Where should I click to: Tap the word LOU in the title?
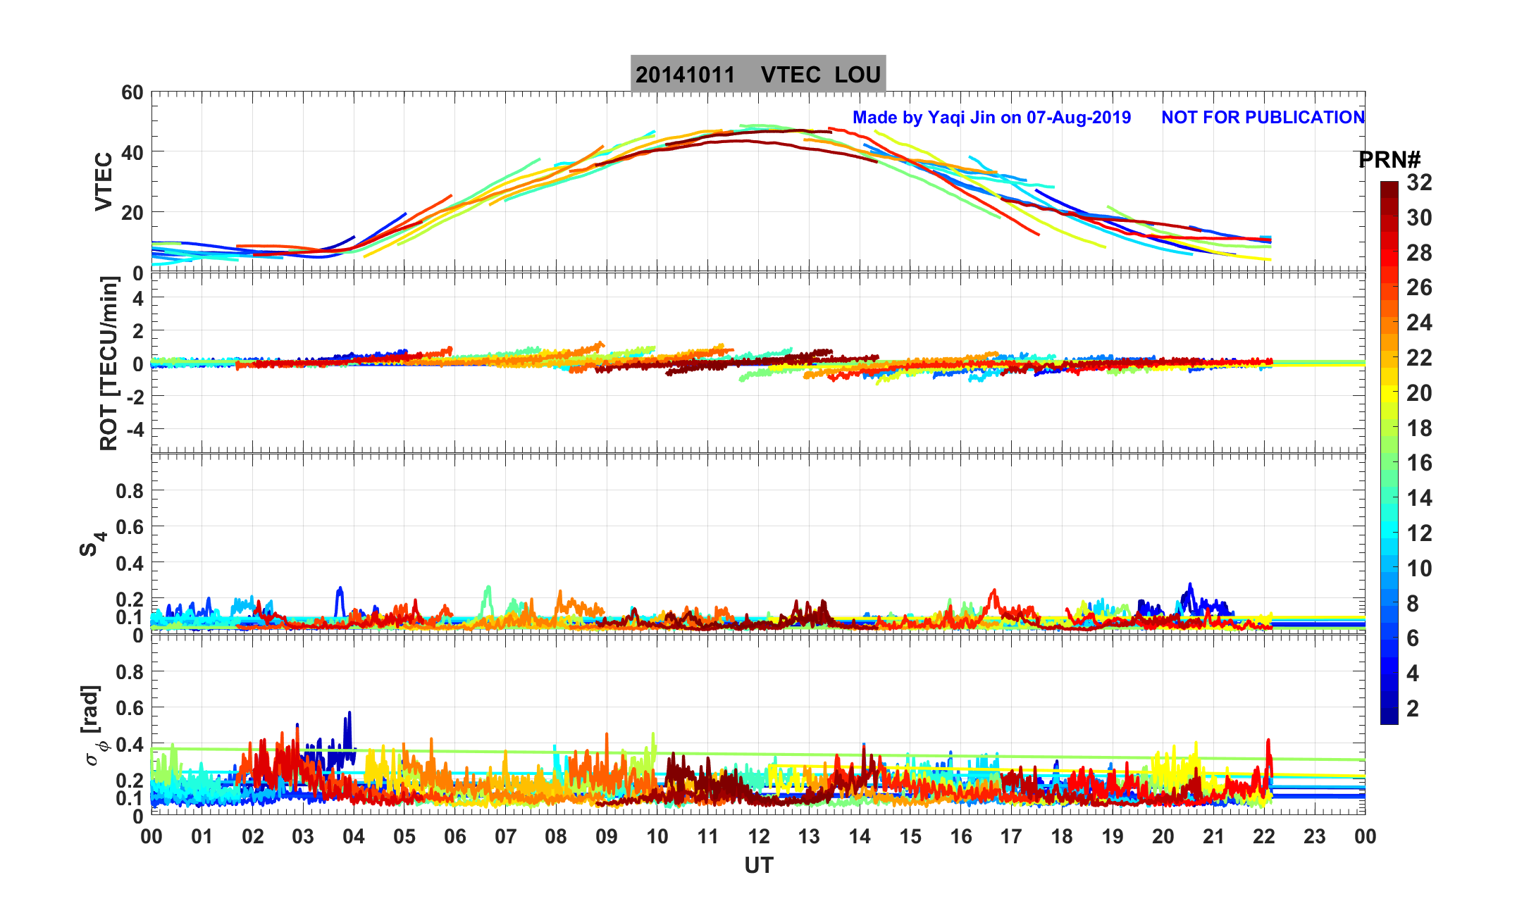tap(857, 75)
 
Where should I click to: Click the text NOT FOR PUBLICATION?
tap(1263, 118)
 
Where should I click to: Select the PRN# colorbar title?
tap(1389, 161)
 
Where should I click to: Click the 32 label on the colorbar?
tap(1419, 183)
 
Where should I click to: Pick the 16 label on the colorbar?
tap(1419, 463)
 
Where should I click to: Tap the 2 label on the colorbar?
tap(1413, 709)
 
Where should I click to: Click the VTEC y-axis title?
tap(104, 181)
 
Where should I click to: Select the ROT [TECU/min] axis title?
tap(109, 363)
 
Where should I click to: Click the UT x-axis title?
tap(759, 865)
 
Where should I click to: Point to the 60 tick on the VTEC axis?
tap(132, 93)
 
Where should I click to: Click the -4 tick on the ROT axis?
tap(132, 429)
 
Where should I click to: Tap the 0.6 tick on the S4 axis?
tap(129, 527)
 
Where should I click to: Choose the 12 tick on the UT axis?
tap(759, 837)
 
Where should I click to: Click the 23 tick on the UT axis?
tap(1315, 837)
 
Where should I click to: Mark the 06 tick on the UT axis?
tap(455, 837)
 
